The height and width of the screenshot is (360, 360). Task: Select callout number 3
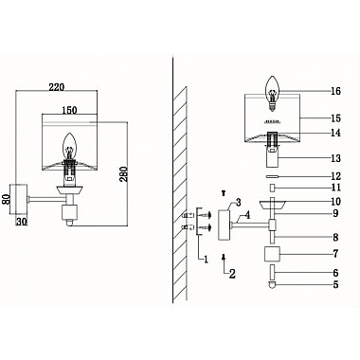(238, 203)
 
